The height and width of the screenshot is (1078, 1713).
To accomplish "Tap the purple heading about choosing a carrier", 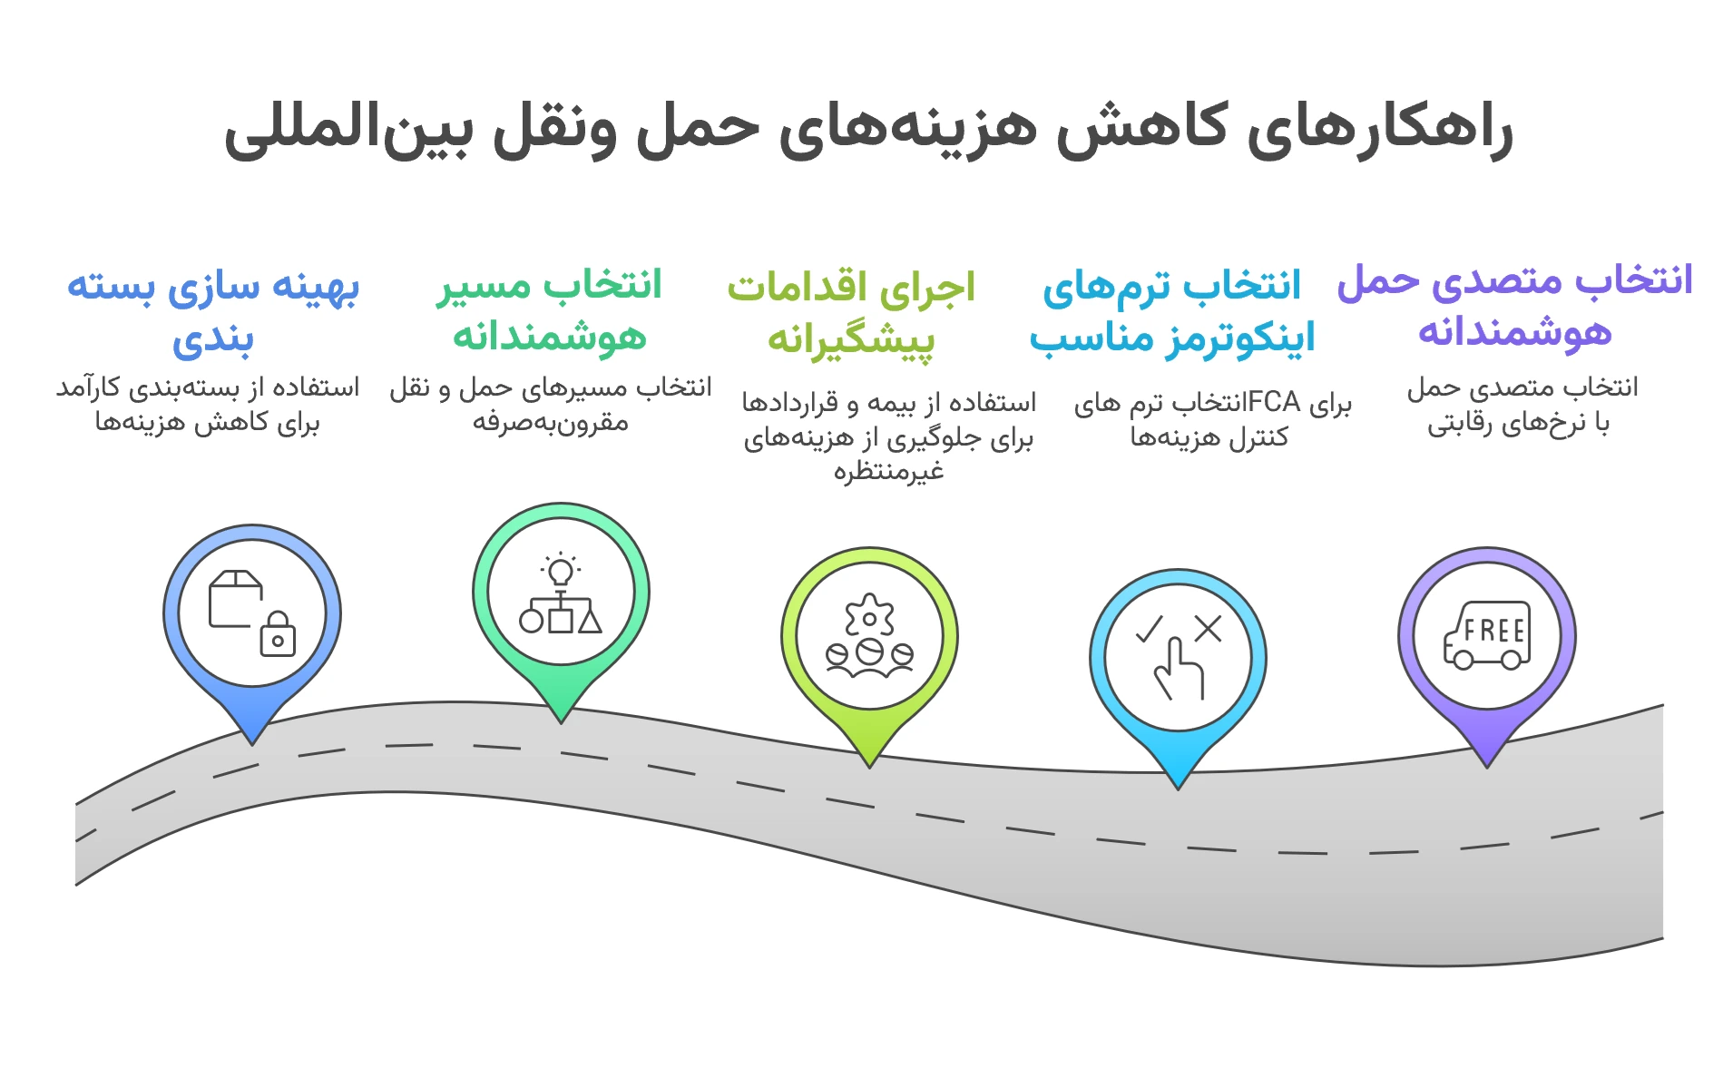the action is click(1514, 306).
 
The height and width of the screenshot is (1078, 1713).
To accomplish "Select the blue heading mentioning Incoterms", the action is click(1171, 311).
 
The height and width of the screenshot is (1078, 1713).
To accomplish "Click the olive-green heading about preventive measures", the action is click(851, 311).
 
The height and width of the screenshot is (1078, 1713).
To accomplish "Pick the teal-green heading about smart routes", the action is click(550, 309).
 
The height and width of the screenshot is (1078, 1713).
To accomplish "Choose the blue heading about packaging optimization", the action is click(213, 311).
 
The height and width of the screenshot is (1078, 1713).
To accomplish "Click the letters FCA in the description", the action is click(1274, 401).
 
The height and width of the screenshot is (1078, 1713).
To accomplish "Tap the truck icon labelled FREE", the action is click(1487, 634).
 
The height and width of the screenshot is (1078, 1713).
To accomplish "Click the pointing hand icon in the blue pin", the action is click(1179, 669).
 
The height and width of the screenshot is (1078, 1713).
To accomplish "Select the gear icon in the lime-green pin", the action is click(869, 618).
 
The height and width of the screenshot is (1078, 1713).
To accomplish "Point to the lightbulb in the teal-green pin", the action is click(561, 571).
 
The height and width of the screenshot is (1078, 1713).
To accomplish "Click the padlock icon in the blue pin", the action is click(278, 634).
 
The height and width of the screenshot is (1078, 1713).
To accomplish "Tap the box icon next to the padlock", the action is click(234, 598).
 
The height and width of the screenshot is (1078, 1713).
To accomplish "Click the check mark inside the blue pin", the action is click(1150, 629).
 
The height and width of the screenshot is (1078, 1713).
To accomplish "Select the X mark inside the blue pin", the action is click(1208, 628).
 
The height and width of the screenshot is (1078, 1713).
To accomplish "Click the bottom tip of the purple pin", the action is click(1486, 764).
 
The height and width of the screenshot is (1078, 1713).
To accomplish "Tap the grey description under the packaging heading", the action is click(208, 405).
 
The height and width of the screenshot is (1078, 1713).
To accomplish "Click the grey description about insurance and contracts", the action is click(888, 436).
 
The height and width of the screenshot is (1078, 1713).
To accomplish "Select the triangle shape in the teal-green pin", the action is click(590, 621).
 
